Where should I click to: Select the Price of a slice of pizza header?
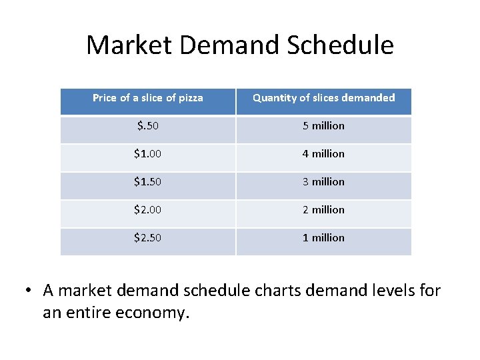147,98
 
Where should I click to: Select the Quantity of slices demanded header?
323,98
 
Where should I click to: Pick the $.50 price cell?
147,126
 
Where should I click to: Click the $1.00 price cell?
147,154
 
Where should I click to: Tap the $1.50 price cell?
147,182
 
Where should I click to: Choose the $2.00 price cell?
147,210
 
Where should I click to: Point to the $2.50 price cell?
147,238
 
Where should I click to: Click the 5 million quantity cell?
323,126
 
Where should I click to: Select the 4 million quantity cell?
323,154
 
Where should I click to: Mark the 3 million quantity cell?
323,182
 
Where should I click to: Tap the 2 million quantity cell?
323,210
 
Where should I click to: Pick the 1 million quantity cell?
323,238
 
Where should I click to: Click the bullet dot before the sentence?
29,291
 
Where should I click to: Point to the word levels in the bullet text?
393,291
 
